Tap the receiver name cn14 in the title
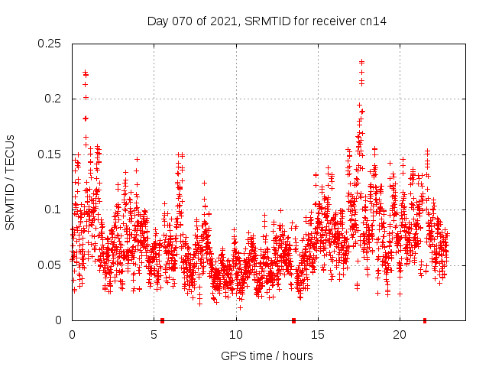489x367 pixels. point(371,21)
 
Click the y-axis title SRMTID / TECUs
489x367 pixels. point(10,181)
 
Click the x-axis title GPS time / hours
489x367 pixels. point(267,356)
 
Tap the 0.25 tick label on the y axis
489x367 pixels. point(50,44)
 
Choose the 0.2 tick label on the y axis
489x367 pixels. point(53,99)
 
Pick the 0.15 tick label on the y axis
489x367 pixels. point(50,154)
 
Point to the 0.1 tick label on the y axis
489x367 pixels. point(53,209)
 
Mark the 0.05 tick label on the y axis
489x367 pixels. point(50,265)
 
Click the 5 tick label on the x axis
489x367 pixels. point(154,335)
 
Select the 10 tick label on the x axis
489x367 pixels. point(236,335)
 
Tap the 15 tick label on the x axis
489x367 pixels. point(318,335)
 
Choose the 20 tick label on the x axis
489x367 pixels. point(400,335)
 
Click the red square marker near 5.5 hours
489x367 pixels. point(162,320)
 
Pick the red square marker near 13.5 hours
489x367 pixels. point(293,320)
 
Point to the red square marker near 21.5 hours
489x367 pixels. point(425,320)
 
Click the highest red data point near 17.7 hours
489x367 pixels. point(361,62)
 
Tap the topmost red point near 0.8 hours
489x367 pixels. point(85,73)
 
